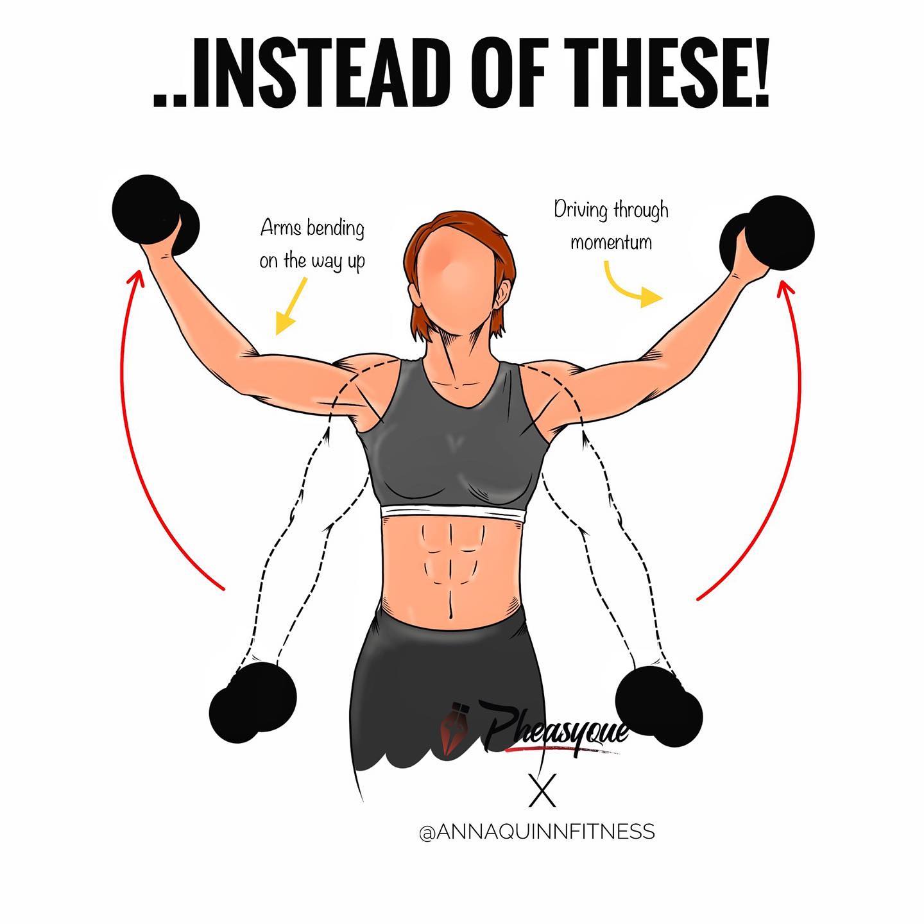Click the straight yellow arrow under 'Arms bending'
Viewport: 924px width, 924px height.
291,305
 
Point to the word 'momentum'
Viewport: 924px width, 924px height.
611,242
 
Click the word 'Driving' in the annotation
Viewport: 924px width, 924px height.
581,211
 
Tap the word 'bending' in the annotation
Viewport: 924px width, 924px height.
335,229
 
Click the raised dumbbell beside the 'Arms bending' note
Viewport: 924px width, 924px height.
155,214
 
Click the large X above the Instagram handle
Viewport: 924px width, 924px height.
542,792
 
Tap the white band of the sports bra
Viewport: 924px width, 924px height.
453,514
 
